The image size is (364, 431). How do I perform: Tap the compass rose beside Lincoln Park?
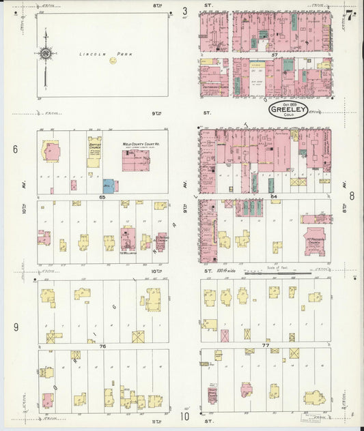coord(46,53)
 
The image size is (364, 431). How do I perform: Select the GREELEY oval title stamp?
coord(287,110)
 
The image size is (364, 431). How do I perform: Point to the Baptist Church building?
coord(94,153)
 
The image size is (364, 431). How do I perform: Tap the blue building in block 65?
coord(108,185)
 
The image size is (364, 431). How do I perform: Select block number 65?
coord(101,196)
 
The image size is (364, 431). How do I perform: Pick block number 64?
coord(273,196)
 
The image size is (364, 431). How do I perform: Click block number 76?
coord(102,346)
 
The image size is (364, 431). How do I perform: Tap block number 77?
coord(266,346)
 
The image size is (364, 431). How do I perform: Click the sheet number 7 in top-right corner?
coord(349,15)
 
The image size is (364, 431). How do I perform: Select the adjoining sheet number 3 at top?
coord(184,11)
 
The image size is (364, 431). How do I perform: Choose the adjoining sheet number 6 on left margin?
coord(14,149)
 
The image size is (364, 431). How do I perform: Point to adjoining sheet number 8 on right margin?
coord(352,196)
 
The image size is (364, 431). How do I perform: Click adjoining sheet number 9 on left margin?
coord(15,327)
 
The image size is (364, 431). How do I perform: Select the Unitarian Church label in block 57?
coord(214,87)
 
